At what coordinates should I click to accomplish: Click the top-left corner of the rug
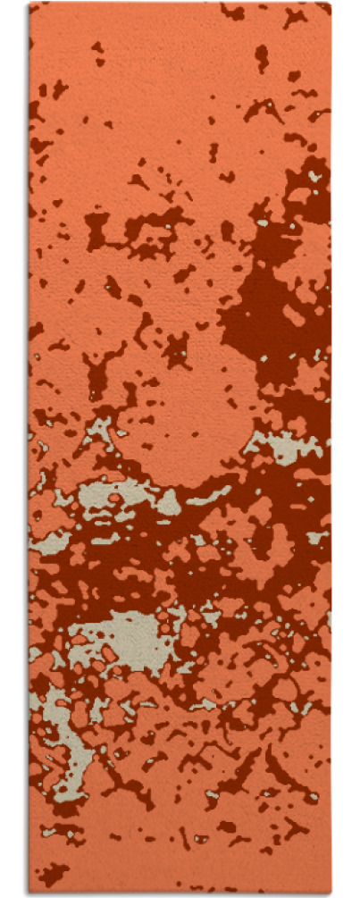(29, 4)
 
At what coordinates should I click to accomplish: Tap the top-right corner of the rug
(331, 4)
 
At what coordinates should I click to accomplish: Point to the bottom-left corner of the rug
(29, 893)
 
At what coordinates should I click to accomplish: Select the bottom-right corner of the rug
(331, 893)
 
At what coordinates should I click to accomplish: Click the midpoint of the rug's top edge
(180, 4)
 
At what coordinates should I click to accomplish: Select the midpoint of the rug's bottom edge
(180, 893)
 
